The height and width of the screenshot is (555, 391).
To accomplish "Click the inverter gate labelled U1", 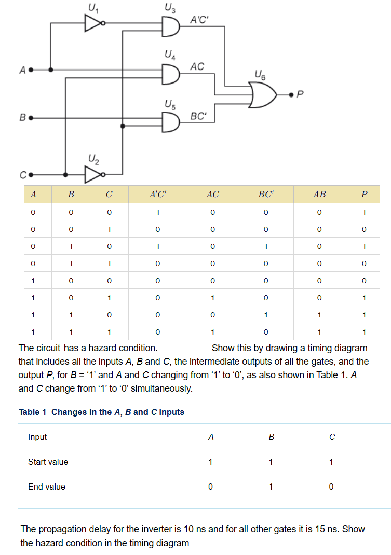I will coord(94,23).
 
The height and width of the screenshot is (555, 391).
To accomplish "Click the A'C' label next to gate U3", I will coord(199,20).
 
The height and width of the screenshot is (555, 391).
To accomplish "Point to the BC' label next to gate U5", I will coord(199,116).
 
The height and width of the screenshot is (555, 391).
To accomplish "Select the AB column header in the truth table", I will coord(320,195).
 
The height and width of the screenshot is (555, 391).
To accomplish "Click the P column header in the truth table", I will coord(364,195).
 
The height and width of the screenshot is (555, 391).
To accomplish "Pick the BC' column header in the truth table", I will coord(266,195).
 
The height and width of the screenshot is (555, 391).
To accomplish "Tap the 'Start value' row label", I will coord(48,462).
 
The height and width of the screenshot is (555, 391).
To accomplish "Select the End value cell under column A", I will coord(210,487).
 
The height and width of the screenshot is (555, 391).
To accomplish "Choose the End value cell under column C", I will coord(331,487).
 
